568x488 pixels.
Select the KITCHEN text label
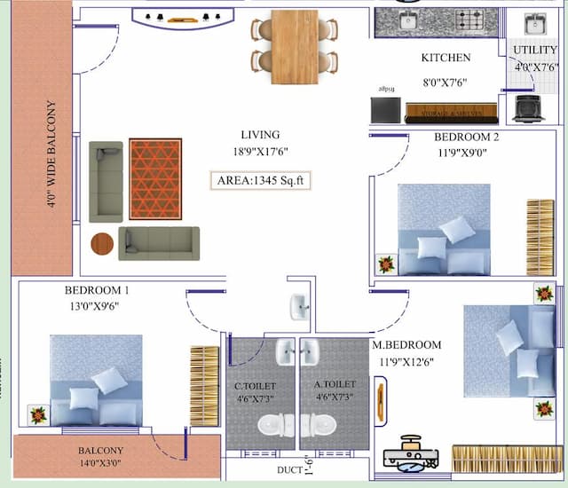tap(446, 58)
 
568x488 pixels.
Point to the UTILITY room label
tap(535, 51)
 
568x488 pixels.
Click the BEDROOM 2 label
tap(466, 138)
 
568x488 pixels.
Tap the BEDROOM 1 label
tap(97, 290)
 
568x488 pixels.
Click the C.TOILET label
tap(255, 387)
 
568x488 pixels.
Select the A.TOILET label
tap(335, 386)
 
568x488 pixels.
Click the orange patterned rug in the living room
tap(155, 178)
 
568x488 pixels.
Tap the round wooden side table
tap(103, 243)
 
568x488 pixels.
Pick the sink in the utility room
tap(535, 23)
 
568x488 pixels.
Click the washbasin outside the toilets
tap(299, 307)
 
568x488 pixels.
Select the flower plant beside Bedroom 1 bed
tap(37, 413)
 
